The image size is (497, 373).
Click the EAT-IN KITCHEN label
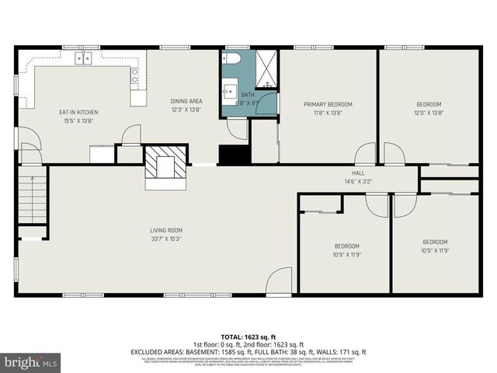pyautogui.click(x=79, y=112)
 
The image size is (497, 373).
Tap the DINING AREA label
pyautogui.click(x=186, y=101)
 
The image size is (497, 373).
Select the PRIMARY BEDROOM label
pyautogui.click(x=328, y=104)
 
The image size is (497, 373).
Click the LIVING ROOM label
pyautogui.click(x=166, y=230)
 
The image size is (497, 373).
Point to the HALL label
pyautogui.click(x=357, y=173)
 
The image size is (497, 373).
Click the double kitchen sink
pyautogui.click(x=83, y=58)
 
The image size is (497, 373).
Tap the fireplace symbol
pyautogui.click(x=165, y=165)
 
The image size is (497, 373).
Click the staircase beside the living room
pyautogui.click(x=33, y=199)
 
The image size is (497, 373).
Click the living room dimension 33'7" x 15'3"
pyautogui.click(x=166, y=239)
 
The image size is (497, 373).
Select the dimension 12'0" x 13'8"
pyautogui.click(x=429, y=113)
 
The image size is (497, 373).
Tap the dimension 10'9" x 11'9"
pyautogui.click(x=346, y=254)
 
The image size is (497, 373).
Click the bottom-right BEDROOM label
pyautogui.click(x=435, y=242)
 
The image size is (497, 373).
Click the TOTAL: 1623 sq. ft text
pyautogui.click(x=248, y=336)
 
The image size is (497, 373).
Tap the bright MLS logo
pyautogui.click(x=31, y=362)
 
